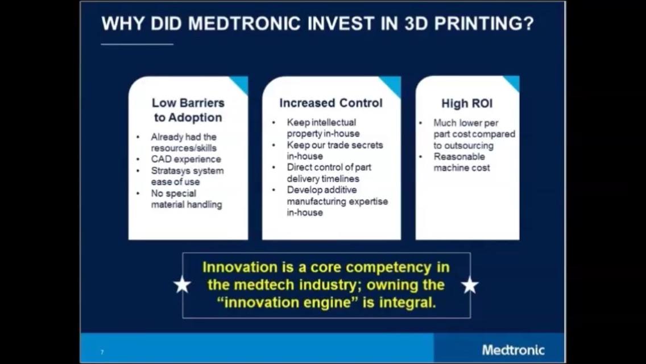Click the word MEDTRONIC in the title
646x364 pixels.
(245, 23)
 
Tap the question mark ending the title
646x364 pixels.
(529, 23)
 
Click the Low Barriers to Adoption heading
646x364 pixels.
(188, 110)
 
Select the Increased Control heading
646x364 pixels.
(331, 103)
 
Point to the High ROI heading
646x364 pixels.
(467, 103)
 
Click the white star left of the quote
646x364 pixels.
(182, 284)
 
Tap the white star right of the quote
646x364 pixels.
(470, 285)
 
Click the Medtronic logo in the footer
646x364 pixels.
(514, 350)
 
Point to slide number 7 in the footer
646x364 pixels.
(102, 352)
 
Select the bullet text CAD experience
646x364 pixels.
(186, 159)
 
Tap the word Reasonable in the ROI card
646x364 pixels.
(459, 156)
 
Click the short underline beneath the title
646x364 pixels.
(137, 44)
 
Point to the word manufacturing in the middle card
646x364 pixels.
(316, 201)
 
